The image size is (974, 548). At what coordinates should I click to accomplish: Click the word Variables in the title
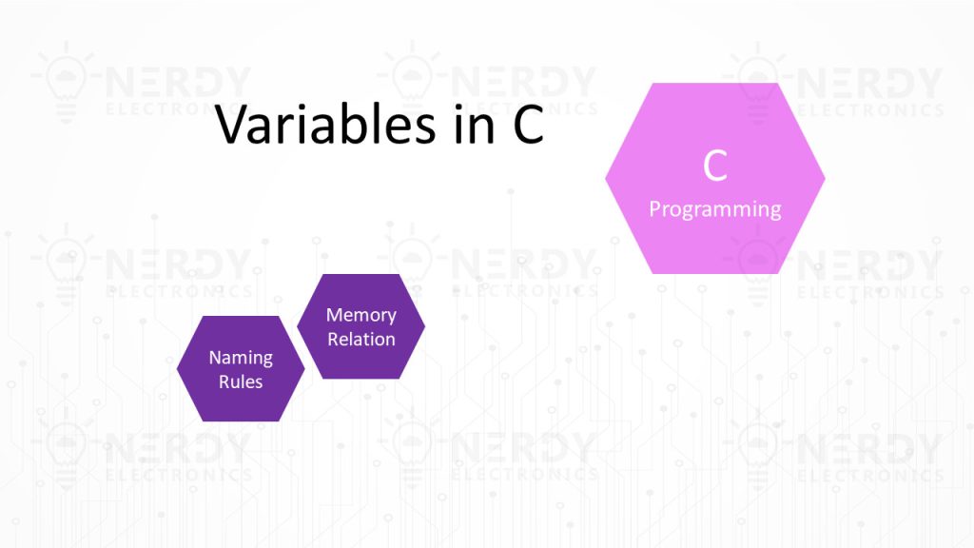325,125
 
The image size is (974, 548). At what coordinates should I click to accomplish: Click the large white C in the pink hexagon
715,166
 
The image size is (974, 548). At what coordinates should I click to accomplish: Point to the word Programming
715,210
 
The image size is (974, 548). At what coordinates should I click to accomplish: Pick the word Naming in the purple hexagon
241,358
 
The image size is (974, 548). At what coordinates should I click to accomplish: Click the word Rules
241,382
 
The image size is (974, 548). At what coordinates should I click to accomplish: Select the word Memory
360,316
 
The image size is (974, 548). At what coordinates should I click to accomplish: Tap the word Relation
360,340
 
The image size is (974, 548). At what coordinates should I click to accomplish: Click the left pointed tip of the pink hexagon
605,178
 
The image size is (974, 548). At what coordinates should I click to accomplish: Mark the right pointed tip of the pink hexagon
826,178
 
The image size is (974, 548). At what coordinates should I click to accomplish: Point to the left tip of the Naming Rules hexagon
177,368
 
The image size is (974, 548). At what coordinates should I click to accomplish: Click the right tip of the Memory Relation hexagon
425,326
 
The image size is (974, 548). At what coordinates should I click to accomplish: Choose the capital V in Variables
231,125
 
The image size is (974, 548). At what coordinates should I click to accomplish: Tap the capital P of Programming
654,208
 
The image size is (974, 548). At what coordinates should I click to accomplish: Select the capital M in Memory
334,315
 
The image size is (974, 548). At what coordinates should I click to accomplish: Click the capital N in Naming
215,358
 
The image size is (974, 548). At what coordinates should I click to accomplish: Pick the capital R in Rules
224,382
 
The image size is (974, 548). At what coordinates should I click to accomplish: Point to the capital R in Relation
332,340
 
